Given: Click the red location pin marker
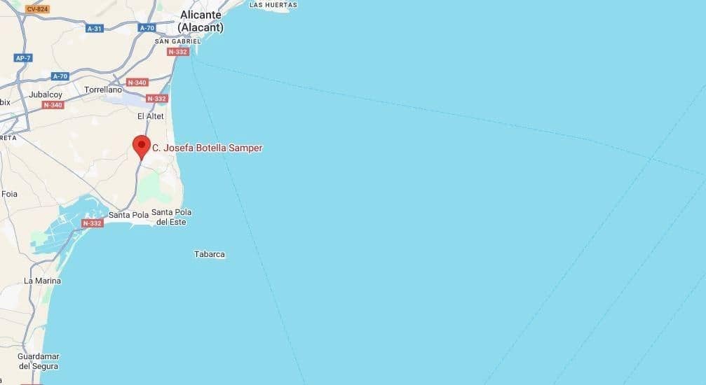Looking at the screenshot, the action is click(x=142, y=146).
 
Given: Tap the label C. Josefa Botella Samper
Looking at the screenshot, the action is click(x=208, y=148).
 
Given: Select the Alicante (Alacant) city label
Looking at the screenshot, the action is click(x=201, y=21).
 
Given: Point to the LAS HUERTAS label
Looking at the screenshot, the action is click(x=273, y=5).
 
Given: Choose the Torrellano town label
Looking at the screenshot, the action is click(x=103, y=90).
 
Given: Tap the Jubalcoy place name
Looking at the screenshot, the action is click(x=46, y=94).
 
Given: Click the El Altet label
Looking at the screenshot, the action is click(x=150, y=116).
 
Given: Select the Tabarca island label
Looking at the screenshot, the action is click(x=210, y=254).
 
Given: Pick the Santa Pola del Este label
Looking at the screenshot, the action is click(x=172, y=217).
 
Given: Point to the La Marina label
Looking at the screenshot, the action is click(x=42, y=281).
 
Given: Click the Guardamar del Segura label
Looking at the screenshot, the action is click(x=39, y=361).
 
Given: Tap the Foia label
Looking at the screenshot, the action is click(x=9, y=194).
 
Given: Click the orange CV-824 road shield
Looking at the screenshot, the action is click(x=37, y=9).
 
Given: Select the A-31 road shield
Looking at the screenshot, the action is click(x=95, y=29).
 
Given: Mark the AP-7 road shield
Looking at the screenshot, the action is click(x=24, y=58).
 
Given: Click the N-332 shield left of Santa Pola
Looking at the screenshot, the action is click(x=93, y=223).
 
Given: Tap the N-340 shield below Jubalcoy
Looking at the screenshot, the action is click(x=53, y=105).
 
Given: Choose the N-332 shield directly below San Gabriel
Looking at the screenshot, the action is click(x=178, y=52).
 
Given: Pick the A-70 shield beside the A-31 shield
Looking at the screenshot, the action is click(x=147, y=28).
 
